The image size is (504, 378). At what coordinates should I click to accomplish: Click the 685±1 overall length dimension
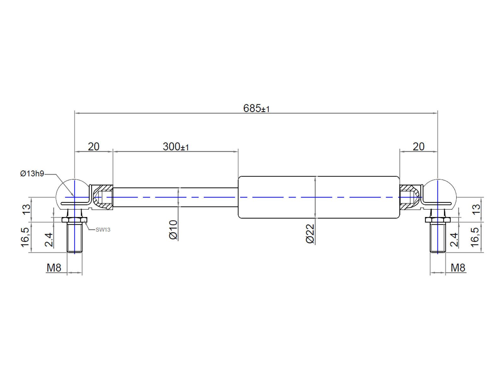pyautogui.click(x=256, y=108)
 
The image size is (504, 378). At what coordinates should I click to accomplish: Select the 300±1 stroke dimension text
pyautogui.click(x=175, y=146)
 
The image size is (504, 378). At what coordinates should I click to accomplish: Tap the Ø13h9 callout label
pyautogui.click(x=32, y=174)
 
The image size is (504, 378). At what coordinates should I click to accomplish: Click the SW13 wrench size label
pyautogui.click(x=103, y=230)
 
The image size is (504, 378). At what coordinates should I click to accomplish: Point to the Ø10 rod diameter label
pyautogui.click(x=173, y=230)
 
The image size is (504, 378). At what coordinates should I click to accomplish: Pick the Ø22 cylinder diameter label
pyautogui.click(x=310, y=233)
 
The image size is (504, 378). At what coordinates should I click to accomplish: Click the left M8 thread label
pyautogui.click(x=54, y=268)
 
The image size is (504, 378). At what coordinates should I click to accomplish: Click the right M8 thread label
pyautogui.click(x=458, y=268)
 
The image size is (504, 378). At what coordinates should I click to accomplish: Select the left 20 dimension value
pyautogui.click(x=94, y=146)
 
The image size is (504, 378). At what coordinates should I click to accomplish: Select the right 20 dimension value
pyautogui.click(x=418, y=146)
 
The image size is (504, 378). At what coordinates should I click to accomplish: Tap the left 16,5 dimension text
pyautogui.click(x=25, y=237)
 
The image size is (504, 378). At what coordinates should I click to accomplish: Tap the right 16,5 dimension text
pyautogui.click(x=475, y=237)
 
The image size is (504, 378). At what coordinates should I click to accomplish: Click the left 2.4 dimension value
pyautogui.click(x=49, y=240)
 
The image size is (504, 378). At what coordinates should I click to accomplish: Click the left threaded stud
pyautogui.click(x=75, y=238)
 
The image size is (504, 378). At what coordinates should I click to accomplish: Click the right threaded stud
pyautogui.click(x=438, y=238)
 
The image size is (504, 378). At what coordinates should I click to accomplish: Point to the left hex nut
pyautogui.click(x=75, y=220)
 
